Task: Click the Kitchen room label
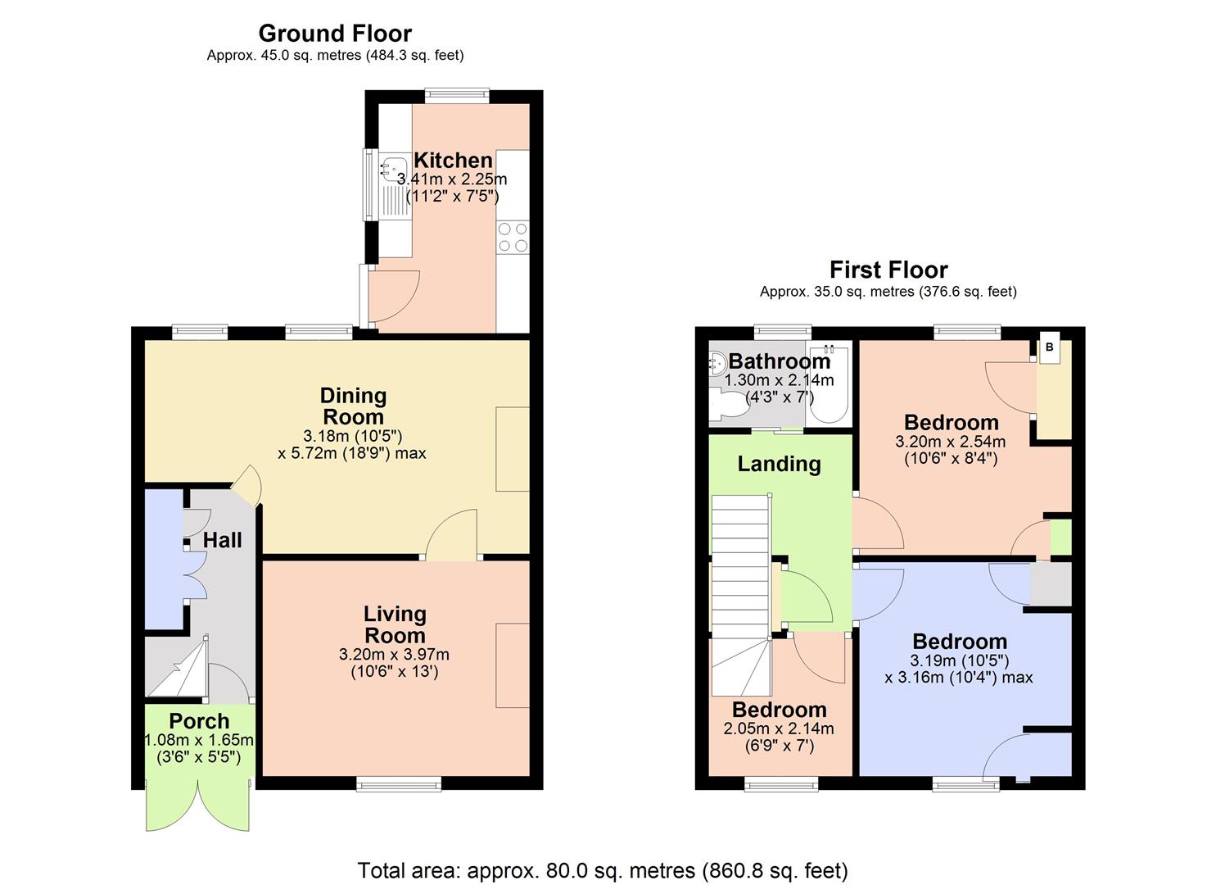pos(452,161)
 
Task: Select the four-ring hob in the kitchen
pos(513,237)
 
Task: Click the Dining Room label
pos(353,406)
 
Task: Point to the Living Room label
pos(395,624)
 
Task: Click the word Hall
pos(222,540)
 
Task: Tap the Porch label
pos(199,721)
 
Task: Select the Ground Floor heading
pos(335,34)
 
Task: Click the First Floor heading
pos(888,270)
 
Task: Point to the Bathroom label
pos(780,361)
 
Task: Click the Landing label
pos(779,464)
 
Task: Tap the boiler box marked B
pos(1050,347)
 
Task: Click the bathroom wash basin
pos(717,362)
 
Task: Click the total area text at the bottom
pos(603,869)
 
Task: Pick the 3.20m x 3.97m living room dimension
pos(394,655)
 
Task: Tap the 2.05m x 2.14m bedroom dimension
pos(779,728)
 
